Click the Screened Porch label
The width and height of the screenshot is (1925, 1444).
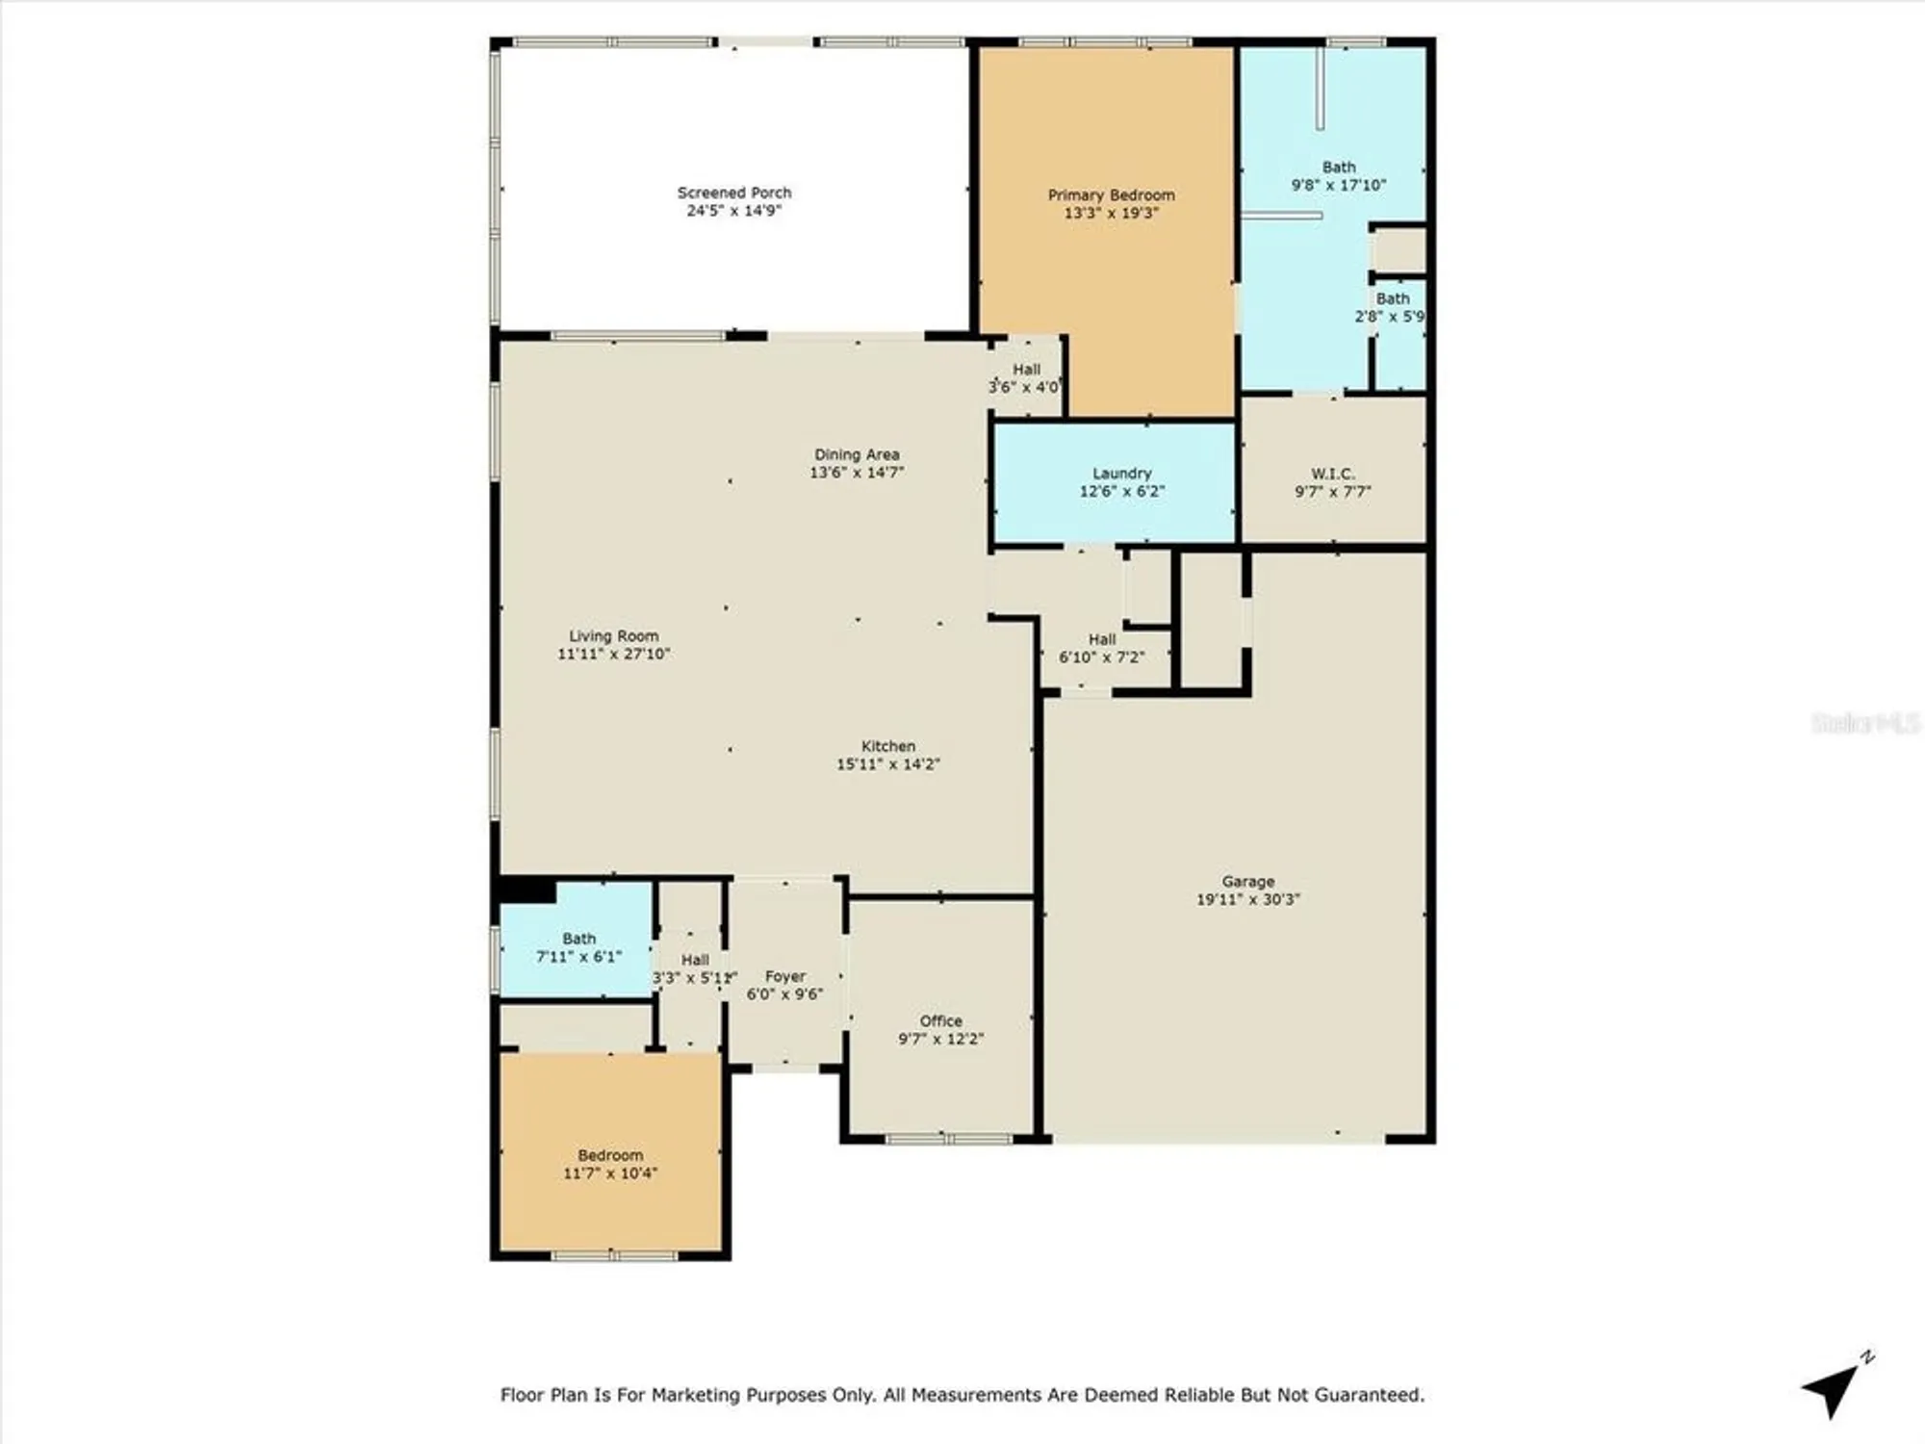(733, 193)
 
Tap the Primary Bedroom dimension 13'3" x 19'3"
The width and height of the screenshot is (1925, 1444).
(1111, 213)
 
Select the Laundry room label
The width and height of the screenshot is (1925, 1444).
(1121, 474)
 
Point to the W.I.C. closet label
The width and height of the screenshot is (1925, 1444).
(1332, 474)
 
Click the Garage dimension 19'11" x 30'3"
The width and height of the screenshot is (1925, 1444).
(1247, 899)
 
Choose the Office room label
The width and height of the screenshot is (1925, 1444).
(940, 1020)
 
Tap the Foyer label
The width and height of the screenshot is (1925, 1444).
(784, 976)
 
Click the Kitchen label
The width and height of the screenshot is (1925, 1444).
(887, 746)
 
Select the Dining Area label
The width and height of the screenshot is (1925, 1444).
(857, 454)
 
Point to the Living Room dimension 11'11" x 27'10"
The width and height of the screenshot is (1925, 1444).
(613, 654)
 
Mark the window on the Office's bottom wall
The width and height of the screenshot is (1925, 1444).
(948, 1139)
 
